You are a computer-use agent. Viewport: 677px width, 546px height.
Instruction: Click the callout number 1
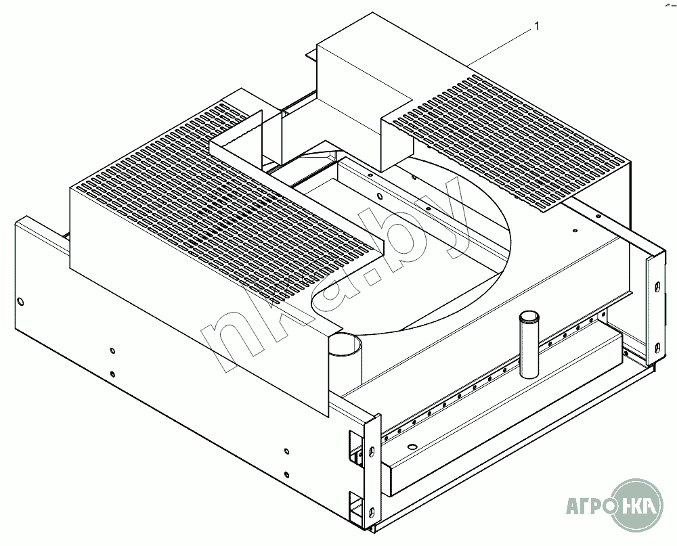click(x=536, y=26)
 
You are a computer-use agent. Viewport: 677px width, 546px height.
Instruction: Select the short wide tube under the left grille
click(x=345, y=346)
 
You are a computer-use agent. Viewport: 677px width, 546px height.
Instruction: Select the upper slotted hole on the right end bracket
click(x=656, y=288)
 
